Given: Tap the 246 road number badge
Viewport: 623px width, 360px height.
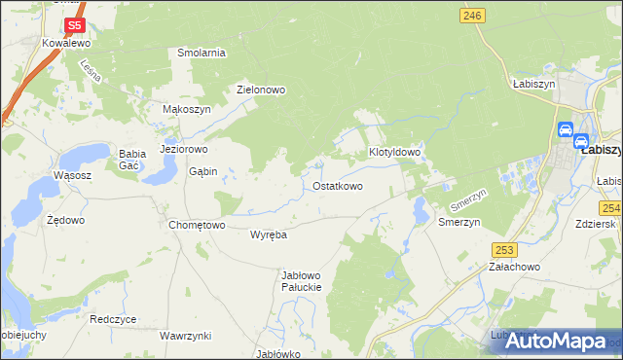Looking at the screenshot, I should point(473,15).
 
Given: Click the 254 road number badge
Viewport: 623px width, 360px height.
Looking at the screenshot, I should point(610,208).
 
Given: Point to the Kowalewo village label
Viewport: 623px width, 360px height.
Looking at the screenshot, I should point(66,44).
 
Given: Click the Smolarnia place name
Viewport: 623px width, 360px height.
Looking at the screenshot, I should point(202,53).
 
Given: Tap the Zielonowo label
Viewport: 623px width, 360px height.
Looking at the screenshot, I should point(261,90).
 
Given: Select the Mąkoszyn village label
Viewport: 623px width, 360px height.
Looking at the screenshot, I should point(186,110).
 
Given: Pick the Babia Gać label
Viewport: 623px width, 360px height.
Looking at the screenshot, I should point(131,160).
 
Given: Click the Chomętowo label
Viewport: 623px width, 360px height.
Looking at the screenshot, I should point(197,225).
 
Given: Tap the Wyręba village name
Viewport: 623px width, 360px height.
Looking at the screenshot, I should point(268,235).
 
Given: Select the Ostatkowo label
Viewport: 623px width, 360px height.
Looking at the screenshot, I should point(338,186).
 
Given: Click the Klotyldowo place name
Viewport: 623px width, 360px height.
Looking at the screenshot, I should point(394,153).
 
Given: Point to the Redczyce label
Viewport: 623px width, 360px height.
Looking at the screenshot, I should point(113,319).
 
